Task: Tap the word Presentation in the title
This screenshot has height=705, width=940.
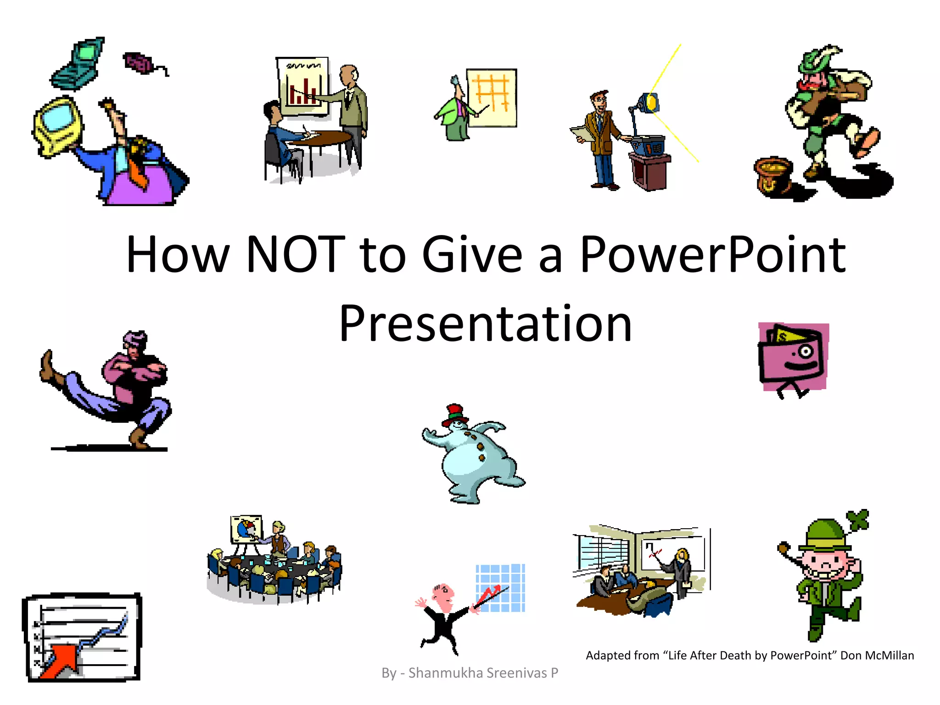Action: pyautogui.click(x=486, y=324)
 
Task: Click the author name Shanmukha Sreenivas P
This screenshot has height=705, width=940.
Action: pyautogui.click(x=483, y=673)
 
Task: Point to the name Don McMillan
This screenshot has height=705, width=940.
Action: pyautogui.click(x=877, y=655)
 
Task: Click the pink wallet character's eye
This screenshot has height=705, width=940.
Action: pyautogui.click(x=805, y=352)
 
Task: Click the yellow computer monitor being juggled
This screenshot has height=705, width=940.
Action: pyautogui.click(x=57, y=124)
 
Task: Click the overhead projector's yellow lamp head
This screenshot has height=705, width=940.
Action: pyautogui.click(x=651, y=102)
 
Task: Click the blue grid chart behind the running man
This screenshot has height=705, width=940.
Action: pyautogui.click(x=500, y=587)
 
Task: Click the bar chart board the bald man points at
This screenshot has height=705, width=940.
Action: pyautogui.click(x=302, y=86)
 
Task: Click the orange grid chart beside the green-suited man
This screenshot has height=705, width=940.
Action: pyautogui.click(x=492, y=97)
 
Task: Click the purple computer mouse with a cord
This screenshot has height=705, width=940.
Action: pyautogui.click(x=138, y=62)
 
